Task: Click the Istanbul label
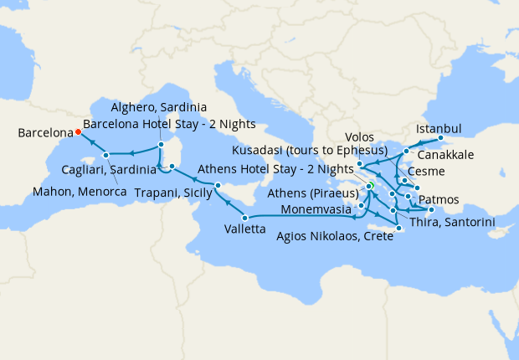[x=438, y=129]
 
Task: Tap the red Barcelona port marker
[x=78, y=131]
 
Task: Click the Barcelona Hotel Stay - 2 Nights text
[x=169, y=124]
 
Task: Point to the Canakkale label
[x=453, y=156]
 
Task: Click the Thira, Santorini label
[x=453, y=222]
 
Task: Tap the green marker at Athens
[x=369, y=186]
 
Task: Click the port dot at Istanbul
[x=440, y=139]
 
